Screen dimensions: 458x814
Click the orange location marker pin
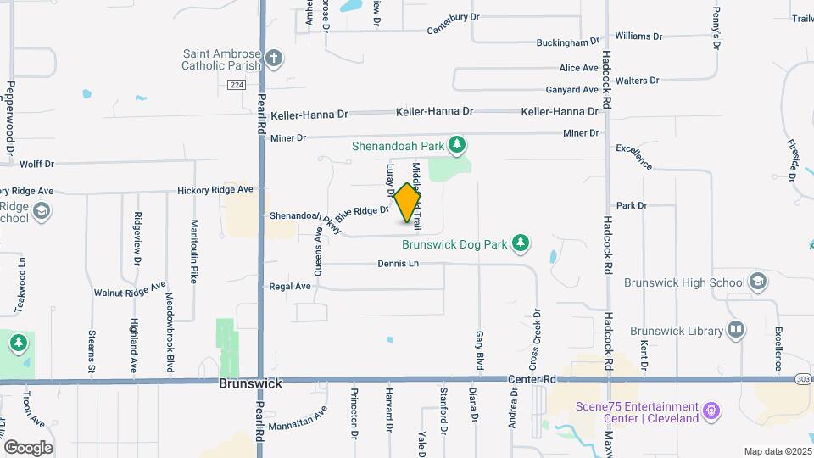click(409, 203)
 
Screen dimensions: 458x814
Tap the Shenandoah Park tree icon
click(458, 145)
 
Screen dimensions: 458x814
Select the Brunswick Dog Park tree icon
click(521, 244)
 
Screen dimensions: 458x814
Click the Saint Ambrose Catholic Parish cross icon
click(273, 59)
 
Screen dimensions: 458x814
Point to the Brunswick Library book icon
click(735, 329)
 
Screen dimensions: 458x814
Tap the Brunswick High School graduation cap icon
click(757, 282)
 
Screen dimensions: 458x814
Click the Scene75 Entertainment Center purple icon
click(712, 411)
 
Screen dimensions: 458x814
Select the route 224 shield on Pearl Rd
click(237, 84)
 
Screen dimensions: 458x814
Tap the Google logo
click(28, 447)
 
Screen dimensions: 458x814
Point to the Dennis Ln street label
click(398, 264)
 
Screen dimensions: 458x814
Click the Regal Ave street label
click(290, 287)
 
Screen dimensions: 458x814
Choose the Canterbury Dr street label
click(460, 30)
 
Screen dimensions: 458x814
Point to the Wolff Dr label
click(36, 165)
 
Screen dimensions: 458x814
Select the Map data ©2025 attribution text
click(778, 451)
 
